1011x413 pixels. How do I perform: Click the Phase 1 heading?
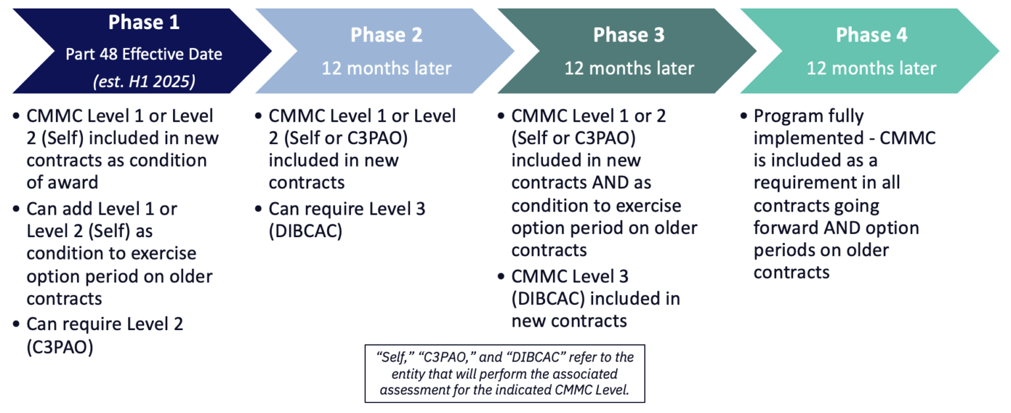[143, 22]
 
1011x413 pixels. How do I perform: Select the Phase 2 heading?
[386, 36]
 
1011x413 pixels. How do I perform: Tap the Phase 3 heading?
[629, 36]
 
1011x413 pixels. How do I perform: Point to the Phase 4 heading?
[871, 36]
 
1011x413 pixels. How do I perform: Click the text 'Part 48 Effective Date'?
[143, 54]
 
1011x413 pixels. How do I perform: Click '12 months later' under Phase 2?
[386, 68]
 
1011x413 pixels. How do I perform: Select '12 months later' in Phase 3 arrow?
[629, 68]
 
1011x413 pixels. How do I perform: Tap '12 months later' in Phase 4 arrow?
[871, 68]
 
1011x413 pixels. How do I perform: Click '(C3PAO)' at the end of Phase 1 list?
[60, 347]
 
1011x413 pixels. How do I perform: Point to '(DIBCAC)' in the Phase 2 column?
[305, 232]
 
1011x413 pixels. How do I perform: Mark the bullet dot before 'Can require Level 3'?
[259, 209]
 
